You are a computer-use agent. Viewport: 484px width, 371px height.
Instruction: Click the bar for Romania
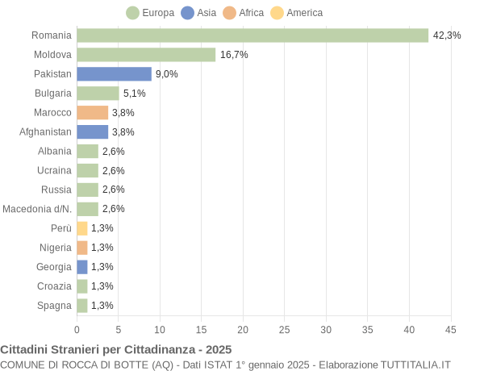252,35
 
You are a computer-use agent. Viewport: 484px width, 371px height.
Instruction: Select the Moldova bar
146,55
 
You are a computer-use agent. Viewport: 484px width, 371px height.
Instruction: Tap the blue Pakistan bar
114,74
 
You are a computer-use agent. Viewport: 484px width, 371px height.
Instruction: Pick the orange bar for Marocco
92,113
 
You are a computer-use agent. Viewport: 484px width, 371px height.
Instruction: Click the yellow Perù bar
82,228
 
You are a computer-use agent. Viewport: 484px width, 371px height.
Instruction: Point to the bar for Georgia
82,267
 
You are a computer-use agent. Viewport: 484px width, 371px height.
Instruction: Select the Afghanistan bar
92,132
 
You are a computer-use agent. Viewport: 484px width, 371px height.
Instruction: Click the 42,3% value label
446,35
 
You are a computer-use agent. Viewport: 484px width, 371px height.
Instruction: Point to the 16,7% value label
233,55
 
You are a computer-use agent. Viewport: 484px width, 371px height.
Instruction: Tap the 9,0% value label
166,74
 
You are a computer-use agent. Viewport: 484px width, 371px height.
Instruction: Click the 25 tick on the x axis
285,329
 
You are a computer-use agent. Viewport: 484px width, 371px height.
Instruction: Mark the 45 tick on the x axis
451,329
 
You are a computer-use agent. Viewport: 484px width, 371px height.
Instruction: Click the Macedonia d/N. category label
37,209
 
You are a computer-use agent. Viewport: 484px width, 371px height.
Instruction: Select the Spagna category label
54,306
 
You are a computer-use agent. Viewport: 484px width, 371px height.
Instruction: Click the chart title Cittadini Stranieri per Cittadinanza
116,349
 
